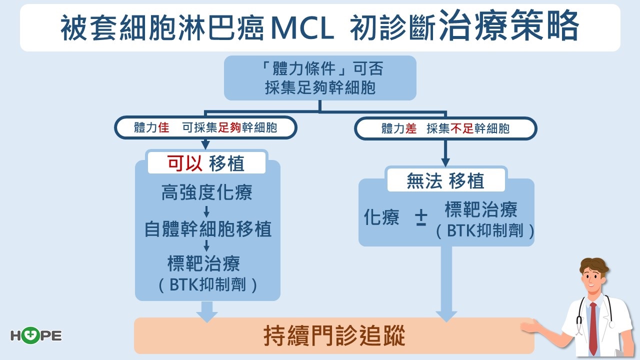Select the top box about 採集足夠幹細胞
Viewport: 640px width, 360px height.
coord(320,78)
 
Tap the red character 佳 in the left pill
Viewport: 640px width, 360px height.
coord(163,128)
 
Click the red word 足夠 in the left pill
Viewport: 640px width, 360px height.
coord(230,128)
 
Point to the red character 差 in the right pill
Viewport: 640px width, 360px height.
coord(411,128)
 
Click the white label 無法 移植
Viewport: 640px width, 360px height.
coord(445,181)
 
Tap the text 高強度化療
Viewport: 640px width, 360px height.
coord(207,192)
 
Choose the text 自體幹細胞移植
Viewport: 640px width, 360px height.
coord(207,229)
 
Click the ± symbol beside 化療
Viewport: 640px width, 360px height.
coord(421,218)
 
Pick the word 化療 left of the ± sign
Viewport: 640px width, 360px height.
coord(381,218)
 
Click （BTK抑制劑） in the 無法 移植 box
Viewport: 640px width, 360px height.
coord(481,231)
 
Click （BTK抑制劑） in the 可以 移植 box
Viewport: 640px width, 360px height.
coord(207,285)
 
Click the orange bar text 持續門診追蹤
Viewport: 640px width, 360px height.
coord(334,336)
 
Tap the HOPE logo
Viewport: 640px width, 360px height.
coord(36,335)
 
